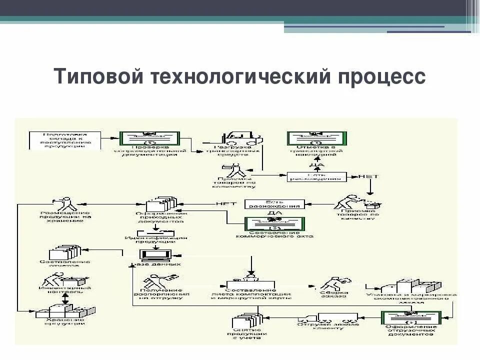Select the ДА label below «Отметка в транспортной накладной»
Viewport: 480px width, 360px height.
pyautogui.click(x=317, y=164)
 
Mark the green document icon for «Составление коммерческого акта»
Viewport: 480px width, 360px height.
pyautogui.click(x=274, y=224)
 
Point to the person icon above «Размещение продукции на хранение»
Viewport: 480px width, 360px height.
pyautogui.click(x=65, y=204)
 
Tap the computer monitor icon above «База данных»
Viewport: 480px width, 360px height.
pyautogui.click(x=156, y=255)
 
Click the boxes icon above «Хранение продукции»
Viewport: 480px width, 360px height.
pyautogui.click(x=65, y=310)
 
